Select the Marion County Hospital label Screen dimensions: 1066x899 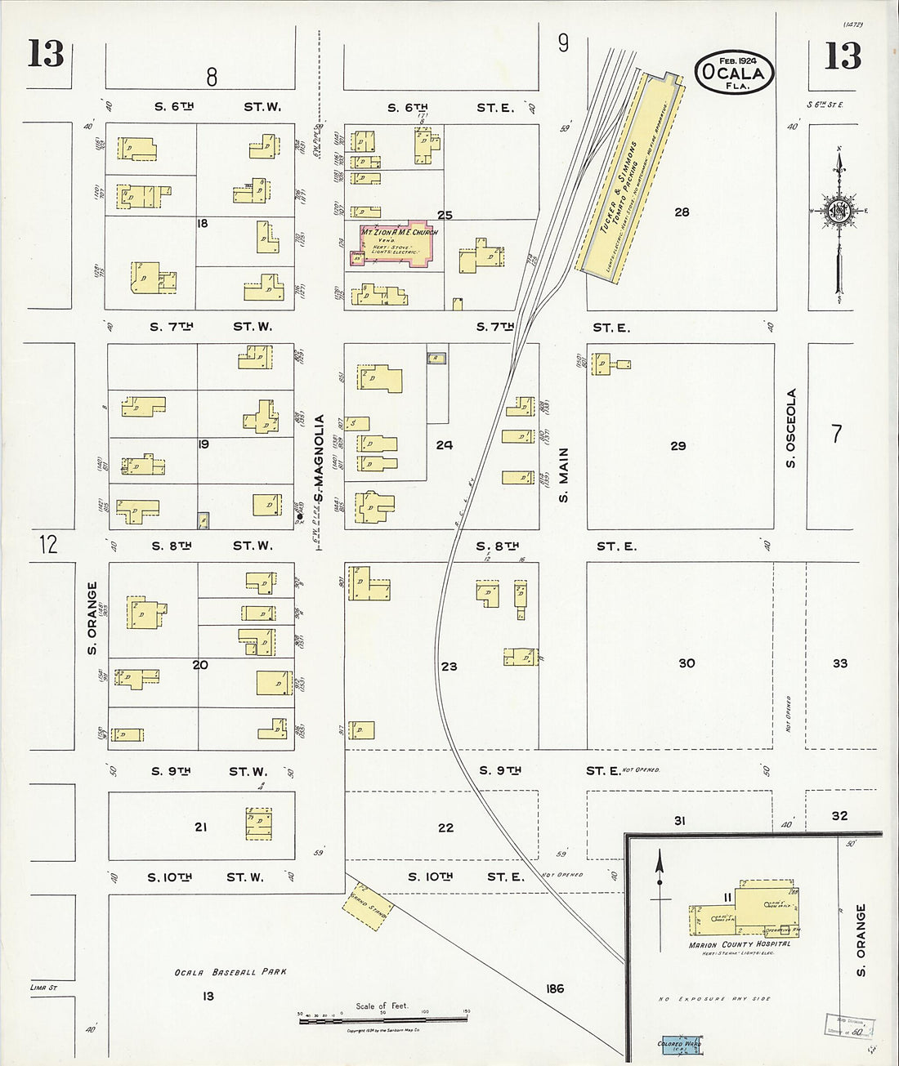pyautogui.click(x=740, y=945)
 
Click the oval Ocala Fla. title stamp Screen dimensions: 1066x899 pyautogui.click(x=735, y=73)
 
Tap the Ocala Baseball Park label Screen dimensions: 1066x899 pyautogui.click(x=230, y=972)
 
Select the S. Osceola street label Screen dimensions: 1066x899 pyautogui.click(x=791, y=429)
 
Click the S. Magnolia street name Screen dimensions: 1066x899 pyautogui.click(x=319, y=457)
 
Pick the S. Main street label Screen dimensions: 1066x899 pyautogui.click(x=563, y=475)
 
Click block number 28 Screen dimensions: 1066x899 pyautogui.click(x=682, y=212)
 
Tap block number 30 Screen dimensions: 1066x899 pyautogui.click(x=687, y=663)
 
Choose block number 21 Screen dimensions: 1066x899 pyautogui.click(x=200, y=827)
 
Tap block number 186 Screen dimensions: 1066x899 pyautogui.click(x=554, y=989)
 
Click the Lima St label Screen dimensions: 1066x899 pyautogui.click(x=41, y=988)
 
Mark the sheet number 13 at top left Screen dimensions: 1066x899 pyautogui.click(x=46, y=54)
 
